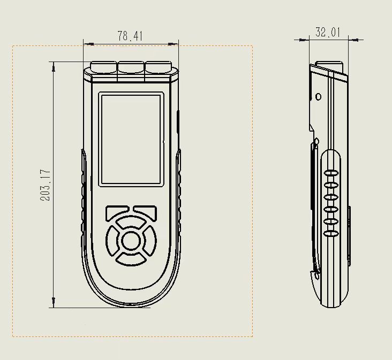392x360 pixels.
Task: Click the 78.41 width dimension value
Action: (x=130, y=36)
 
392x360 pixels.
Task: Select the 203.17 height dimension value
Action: (x=46, y=185)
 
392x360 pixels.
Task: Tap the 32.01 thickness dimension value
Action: (x=328, y=32)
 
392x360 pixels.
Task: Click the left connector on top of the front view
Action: (x=103, y=66)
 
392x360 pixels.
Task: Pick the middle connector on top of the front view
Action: (x=131, y=66)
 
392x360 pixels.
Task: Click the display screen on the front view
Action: (x=131, y=139)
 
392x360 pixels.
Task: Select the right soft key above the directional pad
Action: (x=145, y=212)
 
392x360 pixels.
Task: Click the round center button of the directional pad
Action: (x=131, y=241)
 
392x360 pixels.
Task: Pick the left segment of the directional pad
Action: (x=112, y=241)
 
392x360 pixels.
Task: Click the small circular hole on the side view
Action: (x=318, y=97)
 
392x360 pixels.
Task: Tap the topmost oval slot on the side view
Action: (x=331, y=173)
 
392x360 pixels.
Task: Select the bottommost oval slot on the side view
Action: (x=331, y=233)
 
